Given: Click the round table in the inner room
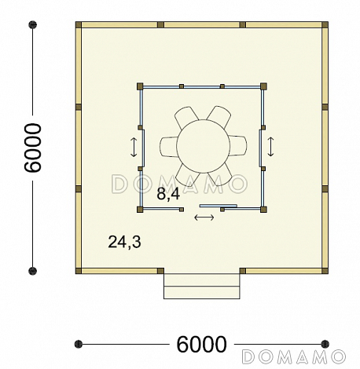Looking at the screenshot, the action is [x=204, y=146].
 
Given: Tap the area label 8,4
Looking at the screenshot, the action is [x=168, y=194].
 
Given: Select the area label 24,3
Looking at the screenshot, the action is [x=124, y=242].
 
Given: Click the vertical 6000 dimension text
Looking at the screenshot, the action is [x=33, y=148].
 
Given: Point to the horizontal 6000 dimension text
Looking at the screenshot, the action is [x=201, y=344].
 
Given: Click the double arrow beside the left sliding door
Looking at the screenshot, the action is [x=134, y=148].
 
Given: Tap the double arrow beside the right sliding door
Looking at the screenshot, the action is [x=270, y=147].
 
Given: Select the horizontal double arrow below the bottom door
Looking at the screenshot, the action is [x=204, y=217].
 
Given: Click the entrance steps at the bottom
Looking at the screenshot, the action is [x=202, y=286].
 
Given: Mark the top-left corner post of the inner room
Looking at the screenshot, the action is [x=140, y=86].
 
